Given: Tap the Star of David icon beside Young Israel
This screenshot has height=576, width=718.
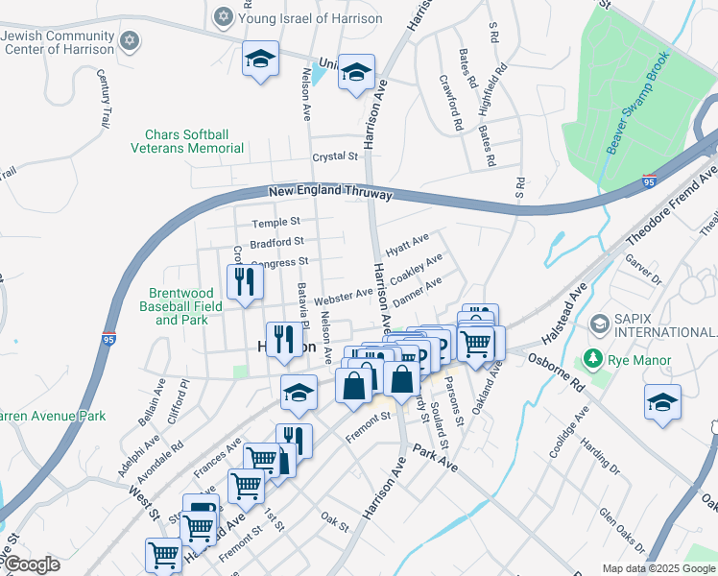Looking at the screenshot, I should pos(224,17).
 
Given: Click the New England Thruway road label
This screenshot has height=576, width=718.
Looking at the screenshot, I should pos(330,193).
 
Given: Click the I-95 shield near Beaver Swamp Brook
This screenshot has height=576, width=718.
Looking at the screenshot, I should pos(651,179).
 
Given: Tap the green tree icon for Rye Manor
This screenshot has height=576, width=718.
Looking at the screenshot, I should pos(593,361).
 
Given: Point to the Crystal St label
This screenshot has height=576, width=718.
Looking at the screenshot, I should pos(334,156).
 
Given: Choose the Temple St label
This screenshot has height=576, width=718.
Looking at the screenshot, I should pos(276,222).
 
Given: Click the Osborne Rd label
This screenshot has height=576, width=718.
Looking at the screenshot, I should pos(557,369).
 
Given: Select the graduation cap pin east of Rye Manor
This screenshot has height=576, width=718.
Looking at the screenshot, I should pos(662,401).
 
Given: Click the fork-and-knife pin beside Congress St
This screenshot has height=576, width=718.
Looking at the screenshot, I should pos(244,281).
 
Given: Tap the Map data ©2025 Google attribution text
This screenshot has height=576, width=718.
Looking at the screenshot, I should pos(658,568).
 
